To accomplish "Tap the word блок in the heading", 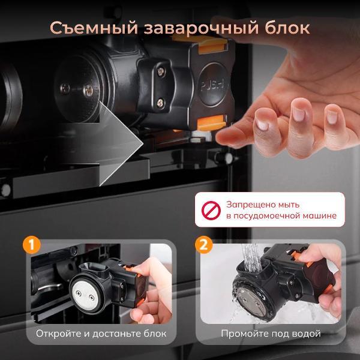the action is click(287, 28).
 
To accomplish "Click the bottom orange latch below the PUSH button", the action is click(211, 122).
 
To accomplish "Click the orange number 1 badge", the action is click(32, 245).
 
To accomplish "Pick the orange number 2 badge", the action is click(204, 245).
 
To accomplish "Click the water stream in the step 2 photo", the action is click(251, 257).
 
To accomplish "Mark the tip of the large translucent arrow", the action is click(143, 144).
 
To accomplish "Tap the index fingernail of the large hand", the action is click(262, 124).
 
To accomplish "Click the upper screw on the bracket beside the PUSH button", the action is click(161, 71).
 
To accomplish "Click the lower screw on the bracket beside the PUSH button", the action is click(160, 103).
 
